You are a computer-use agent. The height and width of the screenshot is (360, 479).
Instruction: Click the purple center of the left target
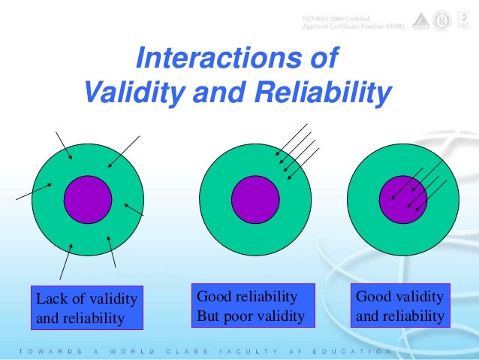(x=88, y=199)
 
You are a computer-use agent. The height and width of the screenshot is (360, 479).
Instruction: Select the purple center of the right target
(x=402, y=199)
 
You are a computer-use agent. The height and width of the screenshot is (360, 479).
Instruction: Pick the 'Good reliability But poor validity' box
(x=250, y=307)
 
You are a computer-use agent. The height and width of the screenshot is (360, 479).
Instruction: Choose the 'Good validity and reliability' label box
(x=400, y=307)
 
